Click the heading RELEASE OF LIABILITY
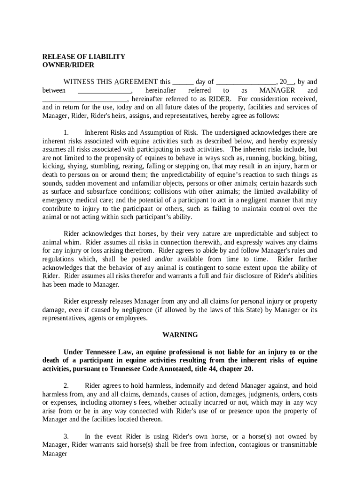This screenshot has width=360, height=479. pyautogui.click(x=84, y=57)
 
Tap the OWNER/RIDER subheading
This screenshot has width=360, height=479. pyautogui.click(x=68, y=65)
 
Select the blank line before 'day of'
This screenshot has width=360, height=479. pyautogui.click(x=183, y=82)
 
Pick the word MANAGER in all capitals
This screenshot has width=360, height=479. pyautogui.click(x=277, y=90)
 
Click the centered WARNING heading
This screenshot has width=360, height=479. pyautogui.click(x=180, y=335)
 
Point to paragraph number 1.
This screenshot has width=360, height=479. pyautogui.click(x=66, y=132)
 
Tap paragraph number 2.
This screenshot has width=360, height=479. pyautogui.click(x=66, y=385)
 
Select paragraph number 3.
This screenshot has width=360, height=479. pyautogui.click(x=66, y=436)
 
